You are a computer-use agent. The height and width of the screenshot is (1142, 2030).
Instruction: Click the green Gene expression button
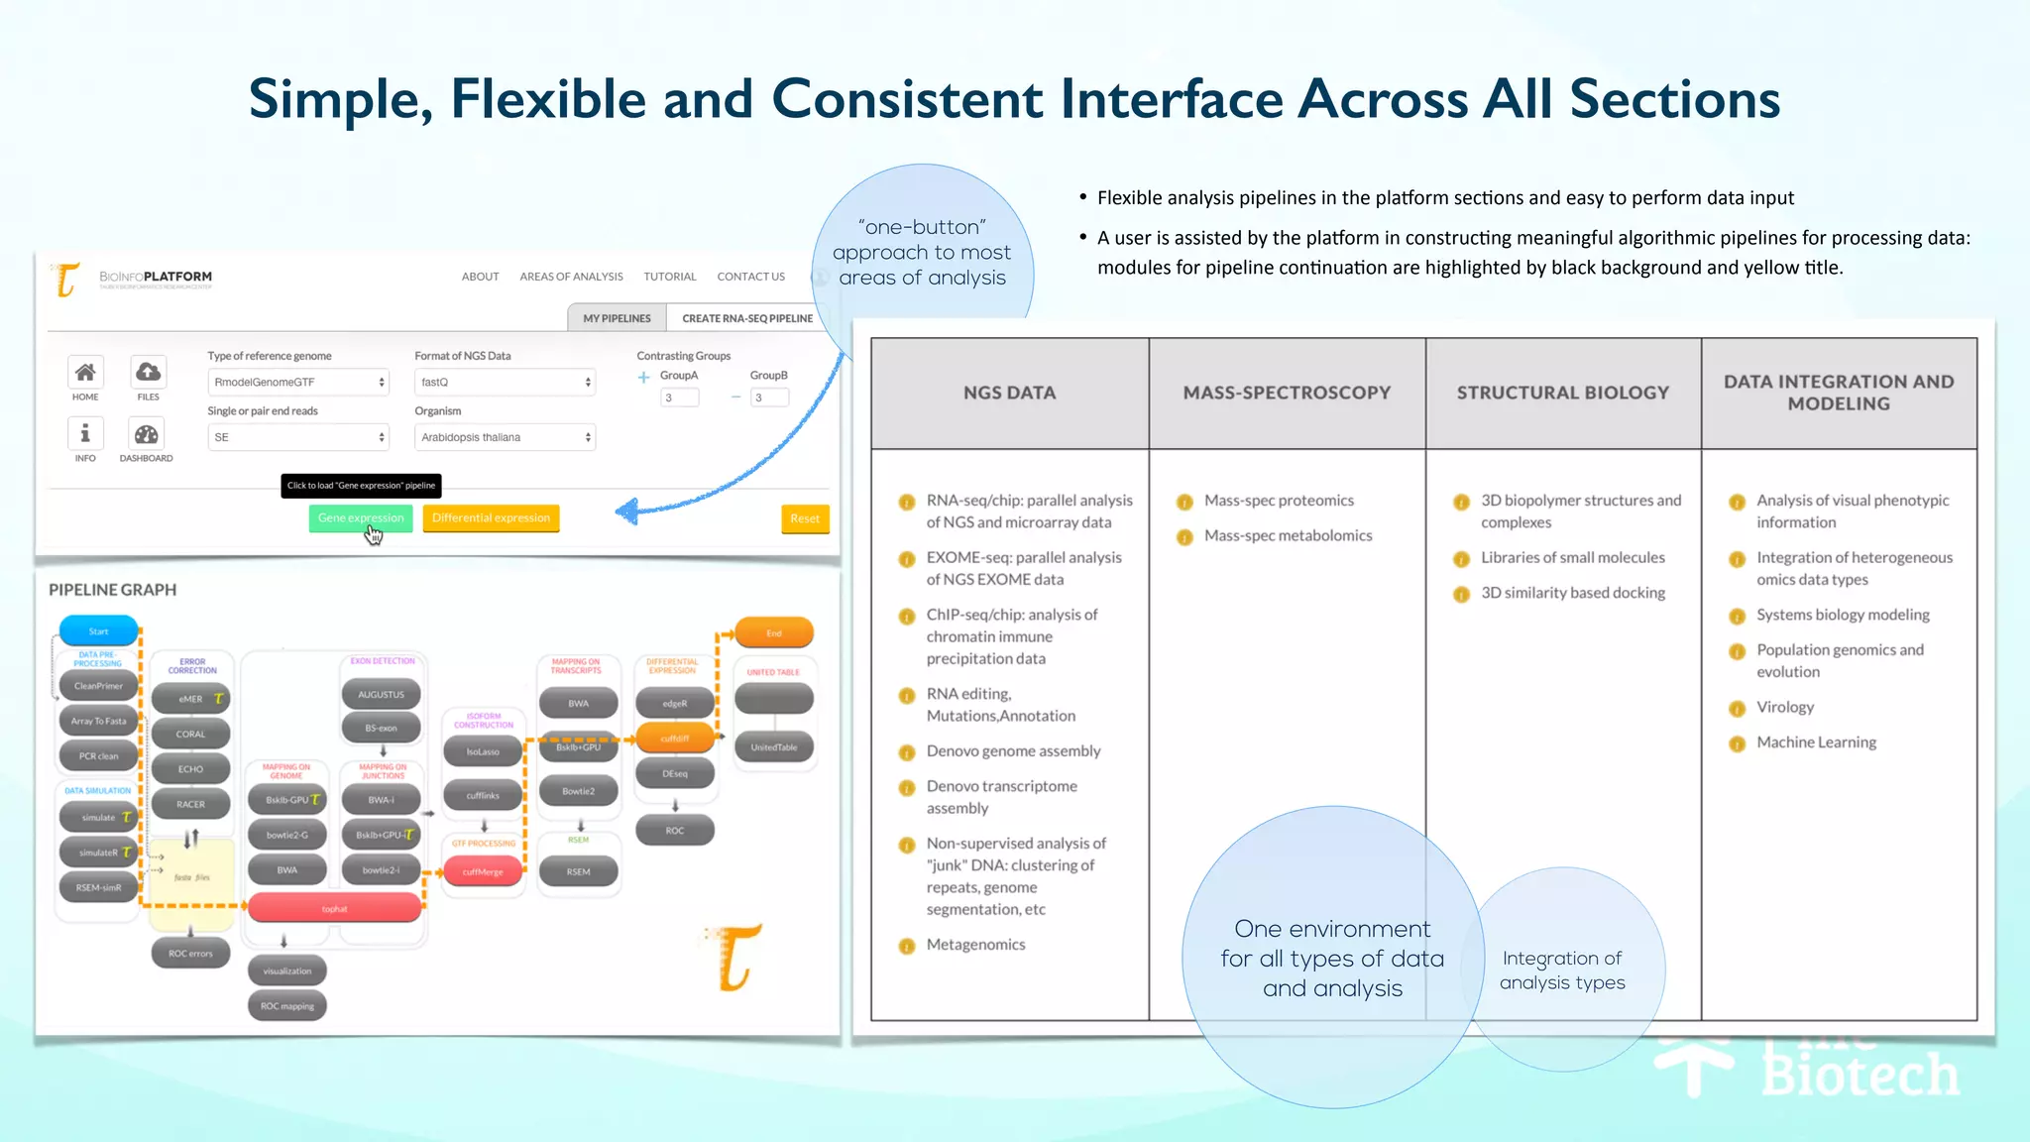(360, 517)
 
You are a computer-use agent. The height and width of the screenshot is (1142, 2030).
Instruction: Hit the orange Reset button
(804, 518)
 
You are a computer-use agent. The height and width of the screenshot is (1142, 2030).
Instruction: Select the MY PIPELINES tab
(617, 318)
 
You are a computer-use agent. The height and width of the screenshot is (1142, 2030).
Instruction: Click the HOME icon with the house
(85, 373)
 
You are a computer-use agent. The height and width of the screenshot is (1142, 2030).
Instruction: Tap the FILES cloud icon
(148, 373)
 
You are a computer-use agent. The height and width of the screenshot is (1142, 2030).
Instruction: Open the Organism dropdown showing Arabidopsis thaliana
(505, 437)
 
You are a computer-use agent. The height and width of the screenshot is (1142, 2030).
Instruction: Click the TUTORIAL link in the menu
(669, 277)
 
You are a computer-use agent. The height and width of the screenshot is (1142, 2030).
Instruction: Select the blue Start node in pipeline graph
(99, 631)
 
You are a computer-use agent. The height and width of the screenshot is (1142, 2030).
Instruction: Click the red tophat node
(335, 908)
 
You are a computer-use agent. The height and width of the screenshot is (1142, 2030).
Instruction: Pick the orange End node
(774, 632)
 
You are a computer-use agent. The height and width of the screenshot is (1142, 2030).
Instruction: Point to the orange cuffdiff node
(675, 738)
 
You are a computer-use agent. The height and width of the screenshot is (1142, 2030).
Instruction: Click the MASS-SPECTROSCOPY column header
(1287, 393)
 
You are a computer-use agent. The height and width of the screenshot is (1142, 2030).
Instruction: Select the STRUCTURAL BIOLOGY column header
(1562, 393)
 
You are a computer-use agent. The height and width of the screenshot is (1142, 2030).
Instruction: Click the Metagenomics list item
(975, 945)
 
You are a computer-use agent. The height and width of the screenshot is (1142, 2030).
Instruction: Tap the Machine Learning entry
(1816, 742)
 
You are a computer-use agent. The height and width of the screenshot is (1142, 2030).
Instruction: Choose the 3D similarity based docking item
(1572, 593)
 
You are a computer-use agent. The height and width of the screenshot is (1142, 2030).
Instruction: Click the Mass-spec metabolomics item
(1288, 535)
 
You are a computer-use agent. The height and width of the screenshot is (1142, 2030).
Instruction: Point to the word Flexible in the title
(548, 99)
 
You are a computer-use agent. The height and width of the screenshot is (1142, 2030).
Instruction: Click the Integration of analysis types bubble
(1562, 970)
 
